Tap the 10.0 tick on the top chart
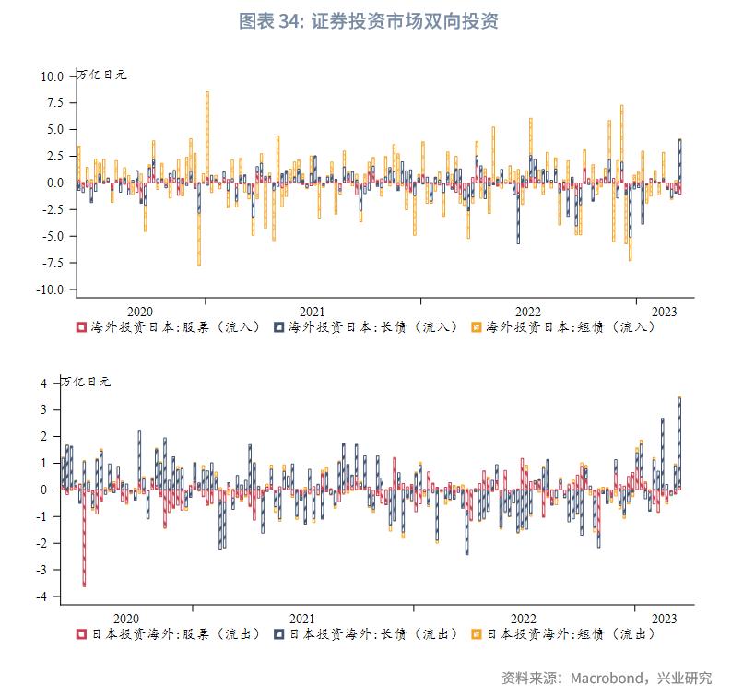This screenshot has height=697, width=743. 52,77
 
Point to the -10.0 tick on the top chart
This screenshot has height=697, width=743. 49,289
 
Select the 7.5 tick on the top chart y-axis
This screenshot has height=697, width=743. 53,103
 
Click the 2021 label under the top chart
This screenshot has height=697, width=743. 312,312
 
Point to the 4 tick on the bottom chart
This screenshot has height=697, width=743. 53,383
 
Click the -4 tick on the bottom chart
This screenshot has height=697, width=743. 50,597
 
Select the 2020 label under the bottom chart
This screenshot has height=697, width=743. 126,619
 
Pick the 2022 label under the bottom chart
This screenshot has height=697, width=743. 523,619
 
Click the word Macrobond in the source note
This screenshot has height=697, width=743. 607,679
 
